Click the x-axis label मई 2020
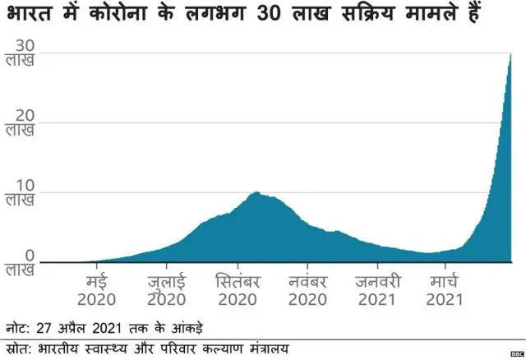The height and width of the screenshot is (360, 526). [x=97, y=288]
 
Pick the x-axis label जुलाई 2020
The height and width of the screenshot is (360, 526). [x=167, y=288]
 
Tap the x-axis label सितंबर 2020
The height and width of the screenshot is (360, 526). [x=237, y=288]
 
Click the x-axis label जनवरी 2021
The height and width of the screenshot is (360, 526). [x=376, y=288]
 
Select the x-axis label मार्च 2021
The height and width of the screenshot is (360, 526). [x=445, y=288]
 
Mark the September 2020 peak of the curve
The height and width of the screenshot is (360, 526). [x=256, y=193]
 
